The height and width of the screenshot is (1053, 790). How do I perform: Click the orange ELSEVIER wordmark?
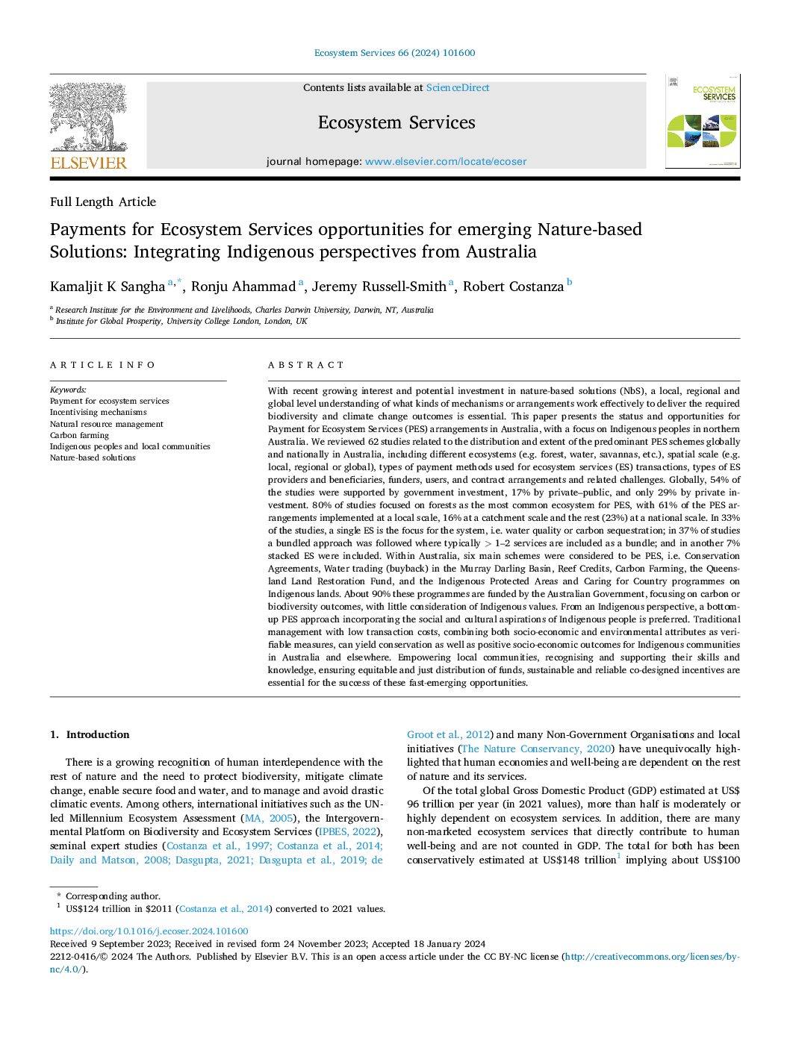(88, 163)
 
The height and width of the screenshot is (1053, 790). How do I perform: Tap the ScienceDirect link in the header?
(458, 87)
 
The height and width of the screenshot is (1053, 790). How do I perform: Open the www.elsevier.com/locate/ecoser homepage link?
(445, 161)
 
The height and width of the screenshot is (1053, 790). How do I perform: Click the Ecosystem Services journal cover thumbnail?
(702, 121)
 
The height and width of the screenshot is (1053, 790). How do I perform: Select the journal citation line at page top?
(394, 53)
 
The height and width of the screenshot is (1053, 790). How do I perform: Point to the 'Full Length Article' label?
(103, 201)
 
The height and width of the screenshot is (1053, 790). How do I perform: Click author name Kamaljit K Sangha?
(108, 287)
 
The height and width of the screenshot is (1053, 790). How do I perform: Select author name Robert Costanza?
(513, 287)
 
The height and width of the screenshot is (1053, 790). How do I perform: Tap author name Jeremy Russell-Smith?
(379, 287)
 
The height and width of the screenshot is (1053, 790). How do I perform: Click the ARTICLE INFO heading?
(103, 365)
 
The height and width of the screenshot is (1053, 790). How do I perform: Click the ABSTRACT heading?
(306, 365)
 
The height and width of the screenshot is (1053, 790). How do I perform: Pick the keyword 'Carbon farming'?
(79, 435)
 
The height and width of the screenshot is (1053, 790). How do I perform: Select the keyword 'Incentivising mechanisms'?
(98, 412)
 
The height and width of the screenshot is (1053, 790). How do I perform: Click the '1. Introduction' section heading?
(90, 734)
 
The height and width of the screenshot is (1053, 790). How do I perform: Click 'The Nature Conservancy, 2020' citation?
(536, 749)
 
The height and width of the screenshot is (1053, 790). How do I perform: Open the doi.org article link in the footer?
(149, 931)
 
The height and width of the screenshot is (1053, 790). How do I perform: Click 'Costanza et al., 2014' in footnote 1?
(224, 909)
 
